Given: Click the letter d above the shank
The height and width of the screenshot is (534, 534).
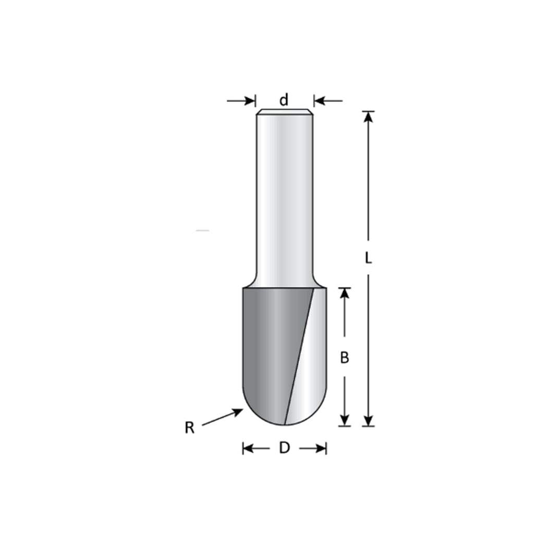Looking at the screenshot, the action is pos(284,100).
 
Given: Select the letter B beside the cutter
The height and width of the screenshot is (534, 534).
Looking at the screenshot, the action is pos(345,358).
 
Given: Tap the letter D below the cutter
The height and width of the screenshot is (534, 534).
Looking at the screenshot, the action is pos(284,448).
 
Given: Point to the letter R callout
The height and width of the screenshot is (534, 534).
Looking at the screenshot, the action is pos(189,428).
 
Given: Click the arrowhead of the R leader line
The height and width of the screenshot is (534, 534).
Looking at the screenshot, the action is pos(238,411).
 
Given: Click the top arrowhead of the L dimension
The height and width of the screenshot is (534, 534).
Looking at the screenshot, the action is pos(368,117).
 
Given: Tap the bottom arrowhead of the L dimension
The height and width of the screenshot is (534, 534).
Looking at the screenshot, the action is pos(368,420).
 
